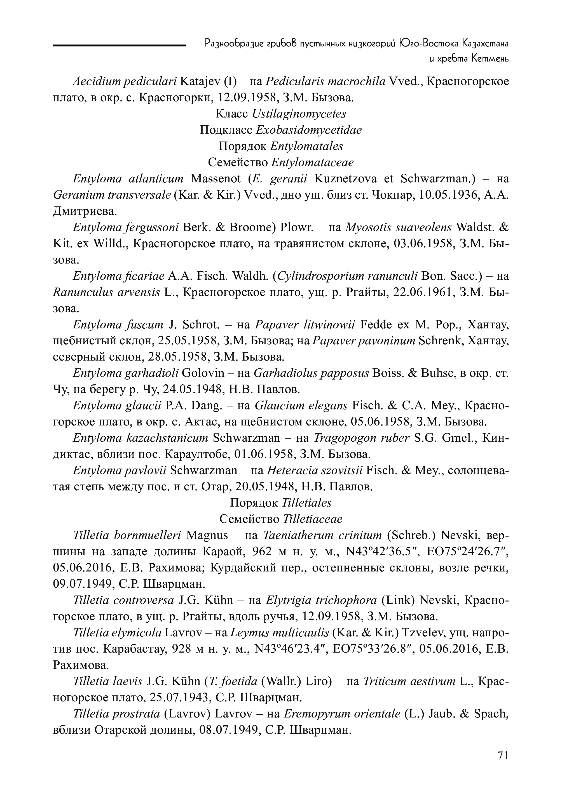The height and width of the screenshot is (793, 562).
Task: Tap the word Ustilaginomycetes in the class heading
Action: click(299, 114)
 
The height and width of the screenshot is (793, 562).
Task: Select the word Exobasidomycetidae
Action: click(309, 130)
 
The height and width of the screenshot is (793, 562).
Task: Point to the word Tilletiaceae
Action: click(313, 519)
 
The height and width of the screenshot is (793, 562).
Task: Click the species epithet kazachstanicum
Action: click(166, 438)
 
